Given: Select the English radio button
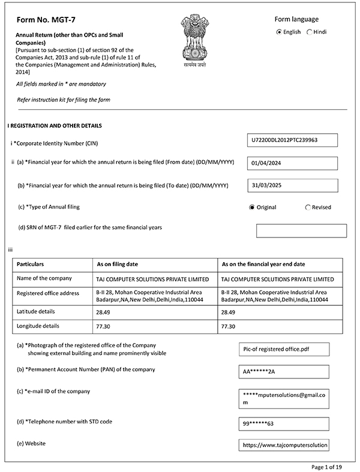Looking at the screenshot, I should [279, 32].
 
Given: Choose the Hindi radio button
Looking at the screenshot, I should [310, 32].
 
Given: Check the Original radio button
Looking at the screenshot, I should [252, 208].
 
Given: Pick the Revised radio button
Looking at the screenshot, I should [308, 208].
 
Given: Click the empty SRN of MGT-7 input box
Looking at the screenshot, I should [301, 230].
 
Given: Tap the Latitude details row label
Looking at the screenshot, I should [36, 312].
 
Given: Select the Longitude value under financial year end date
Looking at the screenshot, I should [228, 326].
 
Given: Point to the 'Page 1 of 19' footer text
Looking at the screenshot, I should [327, 466].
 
